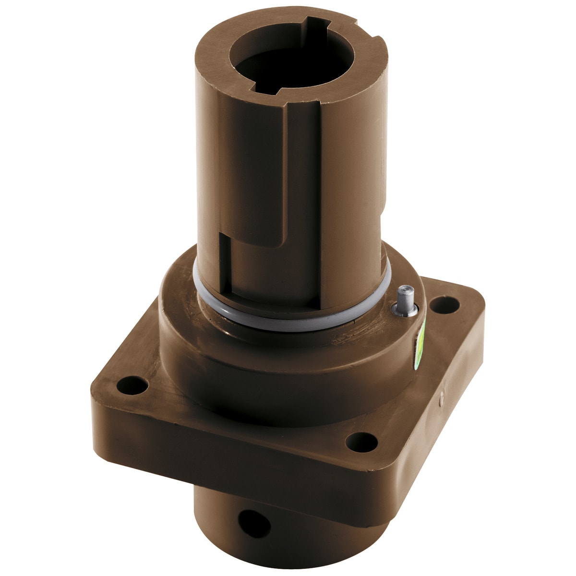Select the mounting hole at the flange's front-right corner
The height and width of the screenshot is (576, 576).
pos(361,441)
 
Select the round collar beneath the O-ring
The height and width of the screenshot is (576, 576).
pos(288,365)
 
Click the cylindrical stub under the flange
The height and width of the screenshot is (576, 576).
pos(288,538)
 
